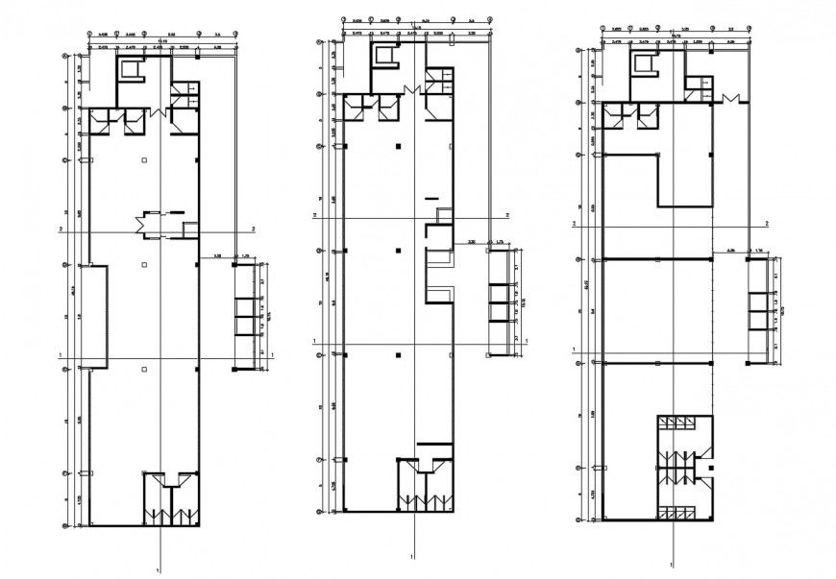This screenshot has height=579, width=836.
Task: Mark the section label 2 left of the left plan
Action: coord(61,229)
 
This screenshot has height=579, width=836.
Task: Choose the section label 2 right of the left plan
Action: coord(253,229)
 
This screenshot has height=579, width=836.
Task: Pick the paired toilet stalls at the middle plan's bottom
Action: coord(424,490)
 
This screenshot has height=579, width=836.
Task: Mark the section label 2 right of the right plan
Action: coord(767,223)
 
